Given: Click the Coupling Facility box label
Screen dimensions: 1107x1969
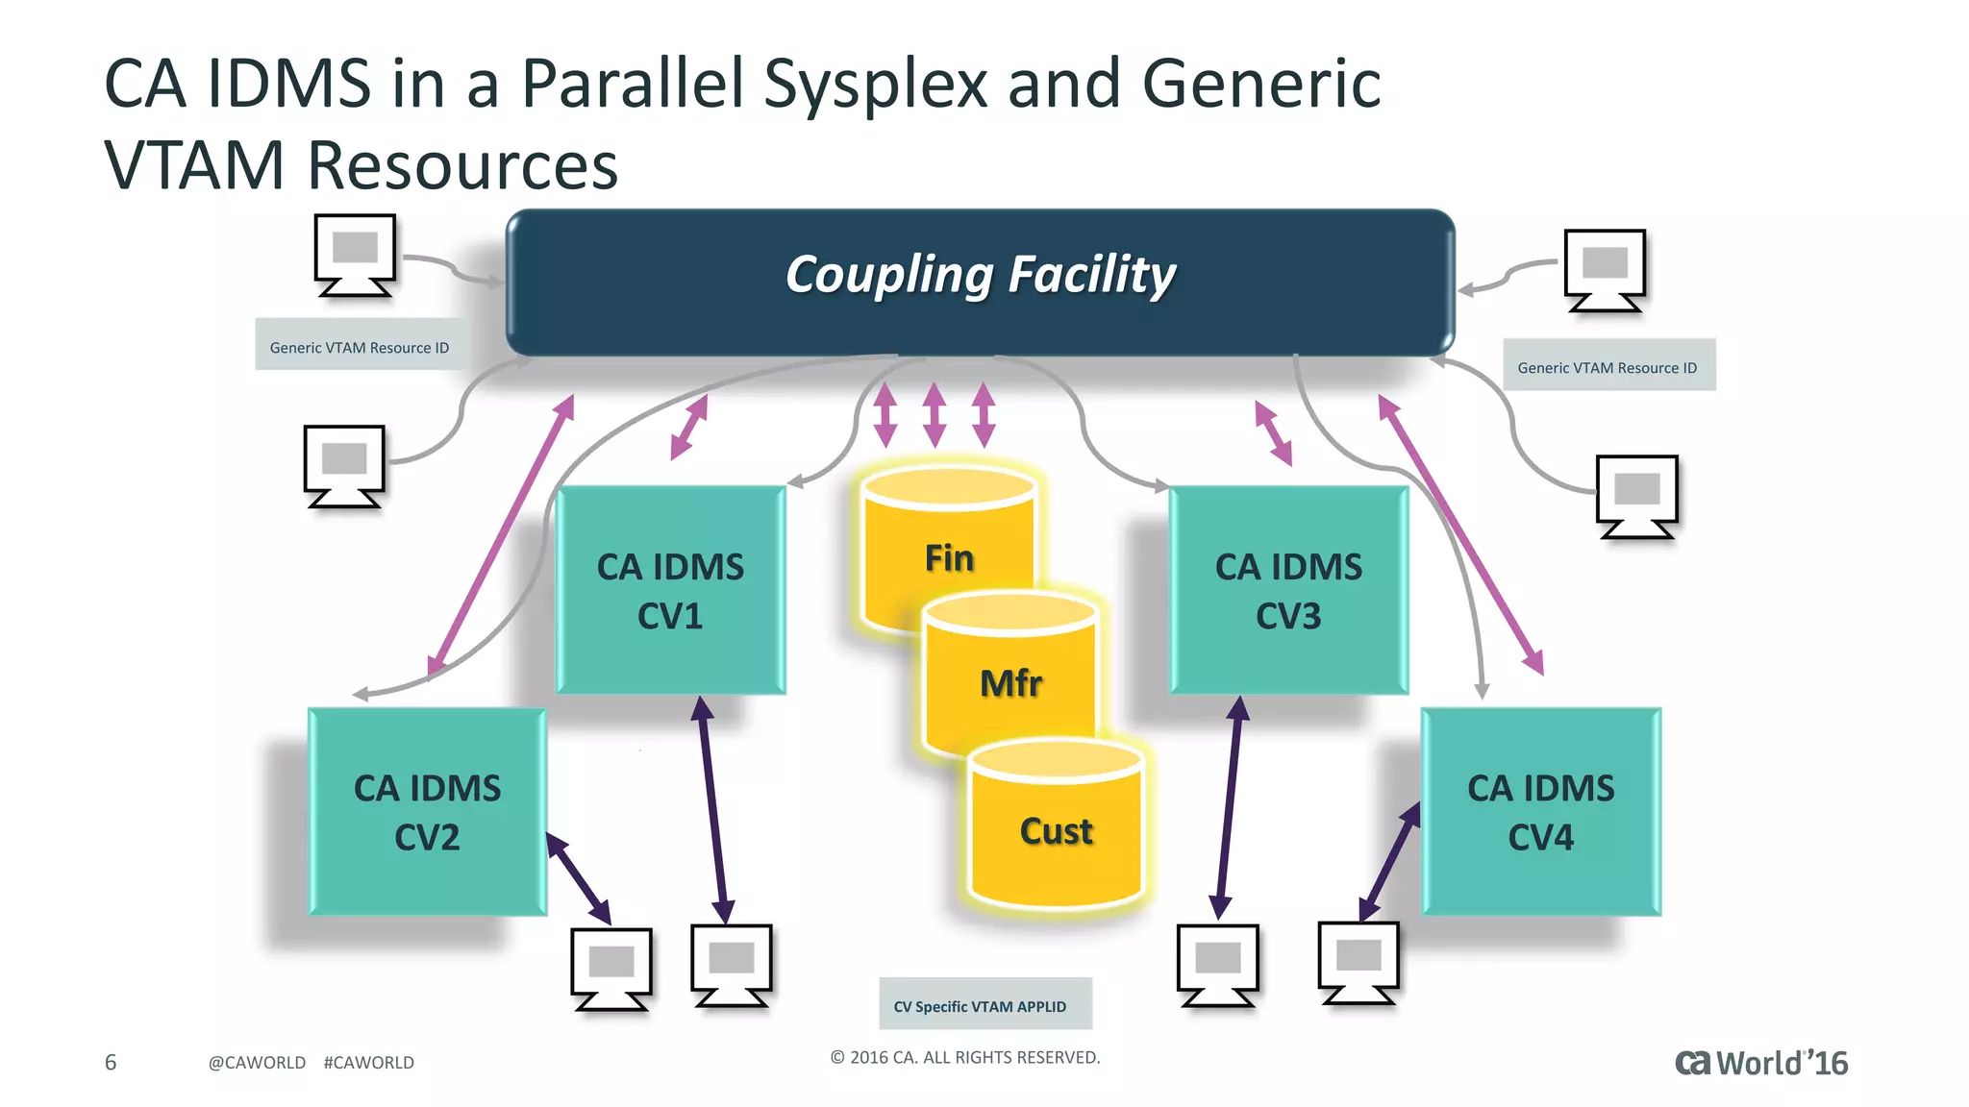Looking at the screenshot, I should (x=980, y=276).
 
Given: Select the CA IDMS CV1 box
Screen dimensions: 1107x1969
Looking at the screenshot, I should (x=671, y=590).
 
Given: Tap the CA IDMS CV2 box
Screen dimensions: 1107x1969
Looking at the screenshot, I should (x=428, y=812).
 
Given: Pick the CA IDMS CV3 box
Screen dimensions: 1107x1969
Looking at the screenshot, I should (x=1288, y=590).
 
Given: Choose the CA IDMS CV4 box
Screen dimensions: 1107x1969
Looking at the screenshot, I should (x=1540, y=812).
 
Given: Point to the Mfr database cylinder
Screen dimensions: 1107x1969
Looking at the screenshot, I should (x=1009, y=682).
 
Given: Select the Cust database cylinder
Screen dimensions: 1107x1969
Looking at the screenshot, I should (x=1056, y=830).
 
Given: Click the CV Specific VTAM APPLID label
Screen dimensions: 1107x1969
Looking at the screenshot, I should (x=981, y=1006).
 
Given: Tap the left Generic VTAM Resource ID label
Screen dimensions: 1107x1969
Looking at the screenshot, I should (x=360, y=347).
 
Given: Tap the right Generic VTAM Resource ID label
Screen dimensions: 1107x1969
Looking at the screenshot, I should (x=1608, y=367).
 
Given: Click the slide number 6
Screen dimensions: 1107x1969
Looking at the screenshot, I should (x=111, y=1062).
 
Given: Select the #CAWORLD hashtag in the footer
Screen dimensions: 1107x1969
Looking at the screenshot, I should (x=369, y=1062).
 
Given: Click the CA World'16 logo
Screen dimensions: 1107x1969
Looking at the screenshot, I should (x=1761, y=1062).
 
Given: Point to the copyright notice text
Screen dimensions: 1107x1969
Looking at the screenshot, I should (x=965, y=1057).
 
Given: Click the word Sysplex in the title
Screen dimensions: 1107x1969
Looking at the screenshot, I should (x=875, y=85).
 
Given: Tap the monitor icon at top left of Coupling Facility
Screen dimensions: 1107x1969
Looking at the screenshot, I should (x=355, y=255).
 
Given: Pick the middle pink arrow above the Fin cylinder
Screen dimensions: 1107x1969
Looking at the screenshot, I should (x=934, y=415).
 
